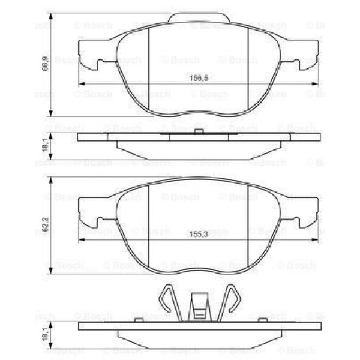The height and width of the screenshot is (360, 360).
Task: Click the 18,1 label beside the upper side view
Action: point(45,146)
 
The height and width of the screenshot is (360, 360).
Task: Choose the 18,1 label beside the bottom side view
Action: point(45,333)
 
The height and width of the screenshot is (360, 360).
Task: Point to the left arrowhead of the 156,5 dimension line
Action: point(82,83)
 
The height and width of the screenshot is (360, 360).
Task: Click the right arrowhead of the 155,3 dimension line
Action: point(316,241)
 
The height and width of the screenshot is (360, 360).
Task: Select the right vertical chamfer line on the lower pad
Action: point(248,228)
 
